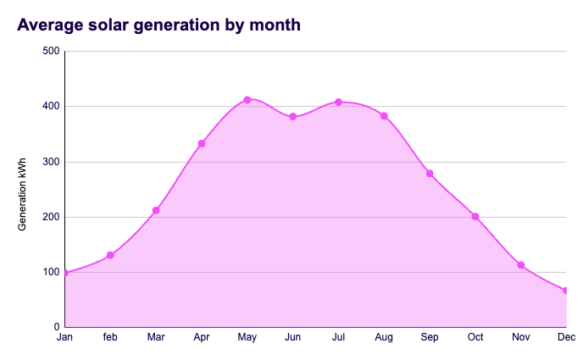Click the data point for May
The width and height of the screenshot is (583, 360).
pos(247,100)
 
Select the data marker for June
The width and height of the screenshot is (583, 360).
pos(293,117)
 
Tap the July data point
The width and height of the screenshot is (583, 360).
pos(338,102)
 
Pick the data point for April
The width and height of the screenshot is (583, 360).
pos(202,144)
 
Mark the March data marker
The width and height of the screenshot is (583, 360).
pos(156,210)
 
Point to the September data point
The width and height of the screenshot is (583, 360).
pos(430,174)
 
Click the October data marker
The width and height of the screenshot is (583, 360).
pos(475,217)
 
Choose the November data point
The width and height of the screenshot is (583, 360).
pos(521,265)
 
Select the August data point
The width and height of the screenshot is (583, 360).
pos(384,116)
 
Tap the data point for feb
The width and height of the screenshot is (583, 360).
pos(110,255)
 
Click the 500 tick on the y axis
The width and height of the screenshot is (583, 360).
pos(50,51)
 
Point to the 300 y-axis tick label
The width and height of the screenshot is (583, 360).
pos(50,162)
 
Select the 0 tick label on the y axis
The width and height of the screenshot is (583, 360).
pos(56,327)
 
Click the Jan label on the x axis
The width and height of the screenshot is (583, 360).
pos(64,338)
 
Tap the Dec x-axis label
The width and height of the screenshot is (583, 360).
pos(566,338)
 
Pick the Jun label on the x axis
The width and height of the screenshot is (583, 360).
pos(293,338)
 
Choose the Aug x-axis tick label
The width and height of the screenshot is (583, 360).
pos(384,338)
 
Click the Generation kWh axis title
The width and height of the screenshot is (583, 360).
pos(24,189)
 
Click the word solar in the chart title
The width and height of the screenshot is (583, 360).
pos(117,25)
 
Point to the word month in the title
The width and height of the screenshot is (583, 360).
pos(275,25)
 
